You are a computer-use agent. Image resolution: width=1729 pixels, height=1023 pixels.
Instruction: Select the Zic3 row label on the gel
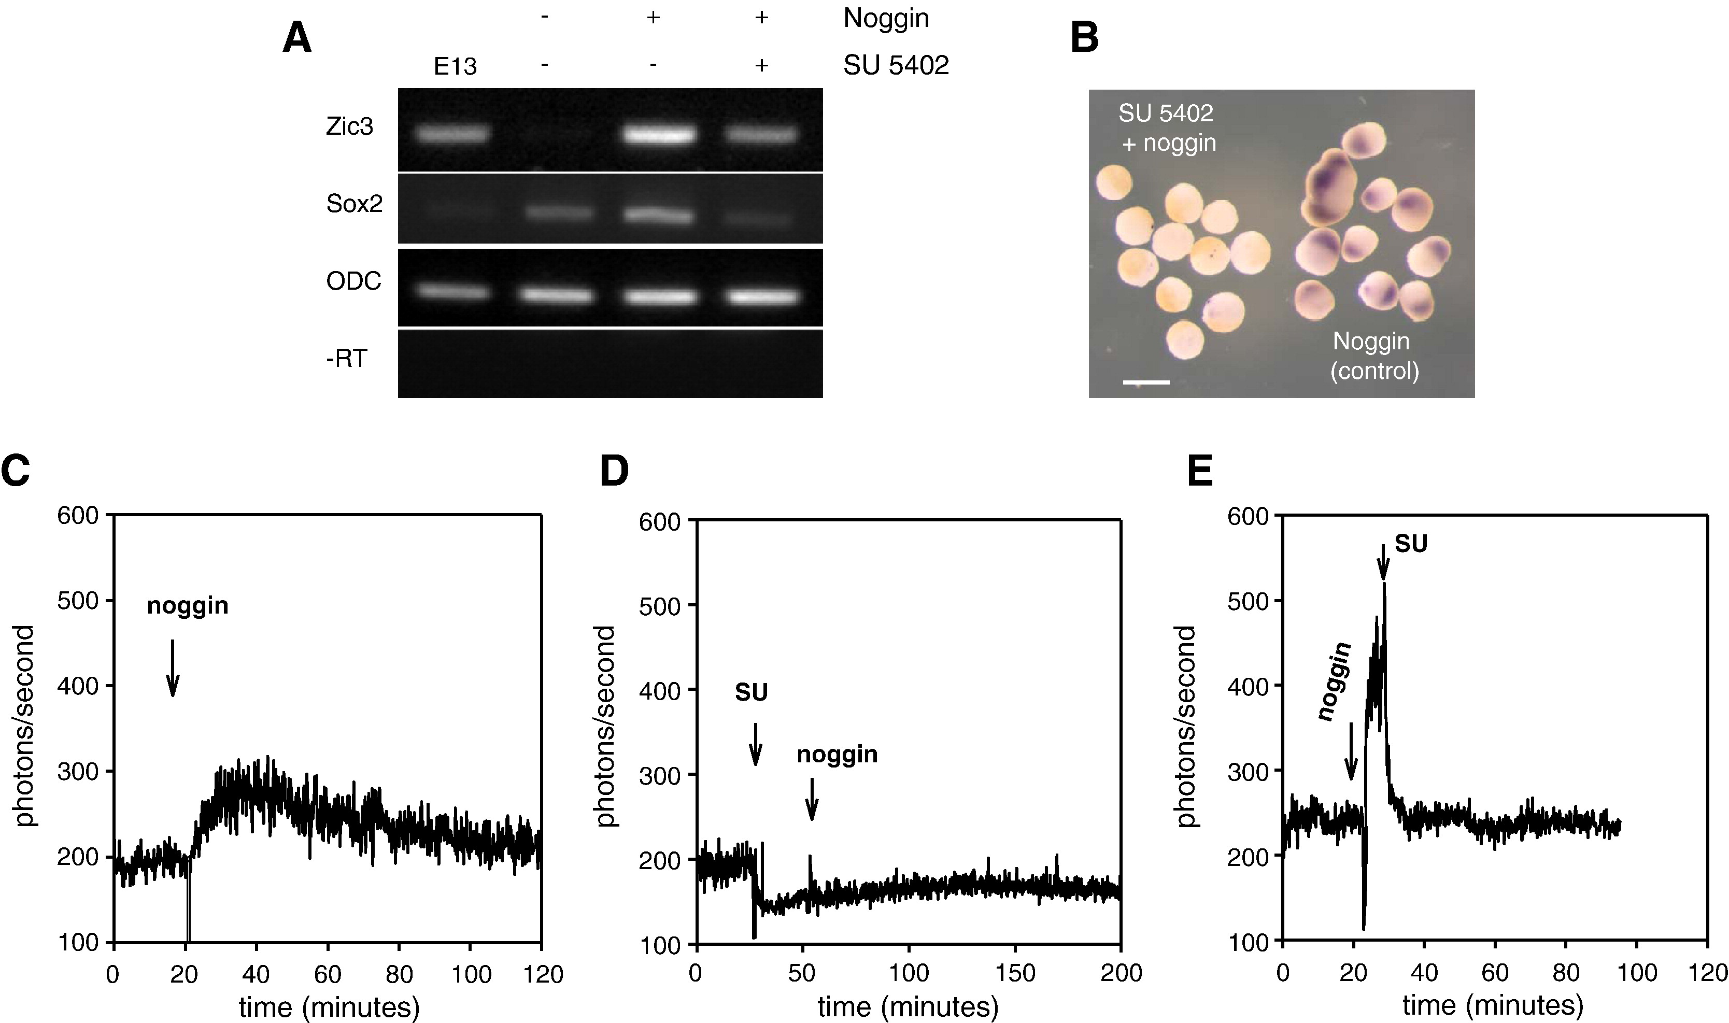click(349, 127)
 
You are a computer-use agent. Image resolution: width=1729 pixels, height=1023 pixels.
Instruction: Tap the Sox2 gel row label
click(353, 205)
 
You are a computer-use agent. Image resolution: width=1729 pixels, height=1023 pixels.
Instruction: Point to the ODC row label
click(353, 282)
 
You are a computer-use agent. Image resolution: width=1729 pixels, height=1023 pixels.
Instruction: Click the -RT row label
click(346, 359)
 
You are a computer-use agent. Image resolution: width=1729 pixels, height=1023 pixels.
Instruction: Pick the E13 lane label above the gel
click(455, 66)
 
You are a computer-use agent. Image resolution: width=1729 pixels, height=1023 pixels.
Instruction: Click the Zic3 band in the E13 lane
click(453, 134)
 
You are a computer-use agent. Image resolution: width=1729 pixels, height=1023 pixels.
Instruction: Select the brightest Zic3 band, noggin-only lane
click(658, 135)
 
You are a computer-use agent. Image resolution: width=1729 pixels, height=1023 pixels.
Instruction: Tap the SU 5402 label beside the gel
click(896, 65)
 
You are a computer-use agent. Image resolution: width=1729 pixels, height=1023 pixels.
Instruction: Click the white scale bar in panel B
click(1146, 381)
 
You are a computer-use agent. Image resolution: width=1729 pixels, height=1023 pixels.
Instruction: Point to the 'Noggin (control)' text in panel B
click(1374, 356)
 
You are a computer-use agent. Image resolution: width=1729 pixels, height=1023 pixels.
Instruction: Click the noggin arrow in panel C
click(173, 667)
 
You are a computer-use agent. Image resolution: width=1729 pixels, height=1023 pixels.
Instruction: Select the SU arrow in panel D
click(756, 744)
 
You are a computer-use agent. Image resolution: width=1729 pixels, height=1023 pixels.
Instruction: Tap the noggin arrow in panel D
click(812, 799)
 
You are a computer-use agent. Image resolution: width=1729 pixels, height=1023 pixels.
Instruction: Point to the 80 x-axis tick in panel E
click(1566, 973)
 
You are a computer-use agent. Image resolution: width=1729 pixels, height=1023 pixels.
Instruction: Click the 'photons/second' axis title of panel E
click(1185, 726)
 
